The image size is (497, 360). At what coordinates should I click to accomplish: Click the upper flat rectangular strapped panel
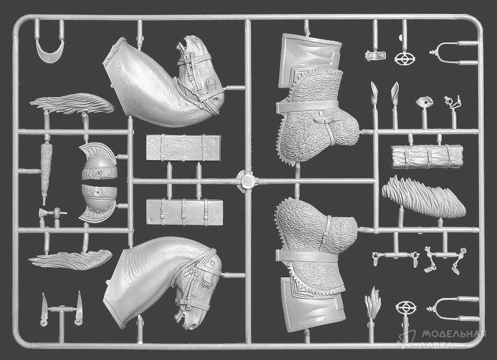(x=183, y=148)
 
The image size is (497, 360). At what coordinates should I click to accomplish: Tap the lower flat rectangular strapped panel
(x=185, y=212)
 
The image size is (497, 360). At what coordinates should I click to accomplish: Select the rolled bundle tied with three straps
(x=427, y=156)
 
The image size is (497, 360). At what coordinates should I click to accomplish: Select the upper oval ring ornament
(x=405, y=59)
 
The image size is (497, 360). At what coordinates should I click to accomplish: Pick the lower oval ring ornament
(x=406, y=307)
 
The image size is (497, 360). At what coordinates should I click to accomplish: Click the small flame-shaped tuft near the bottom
(x=372, y=300)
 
